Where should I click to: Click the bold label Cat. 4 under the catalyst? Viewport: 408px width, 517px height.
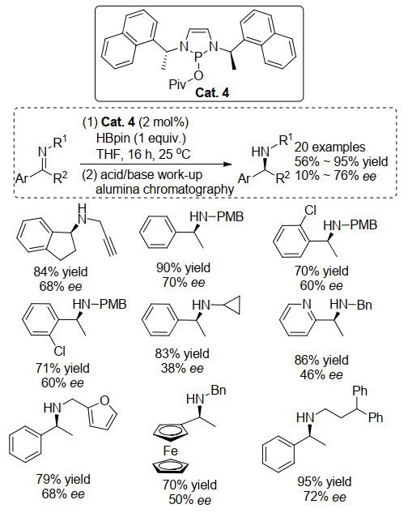coord(212,92)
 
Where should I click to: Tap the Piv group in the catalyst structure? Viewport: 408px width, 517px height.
coord(177,84)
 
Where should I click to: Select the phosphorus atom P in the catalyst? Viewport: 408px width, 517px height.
coord(198,58)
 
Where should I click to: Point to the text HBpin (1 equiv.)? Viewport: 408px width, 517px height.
coord(141,138)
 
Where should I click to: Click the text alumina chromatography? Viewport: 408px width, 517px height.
coord(164,189)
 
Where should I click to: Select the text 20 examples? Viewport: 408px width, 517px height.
coord(329,147)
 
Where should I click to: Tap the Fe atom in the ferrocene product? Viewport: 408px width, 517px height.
coord(170,451)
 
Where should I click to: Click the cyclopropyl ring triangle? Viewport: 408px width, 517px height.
coord(232,305)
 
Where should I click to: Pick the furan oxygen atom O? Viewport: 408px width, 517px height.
coord(104,400)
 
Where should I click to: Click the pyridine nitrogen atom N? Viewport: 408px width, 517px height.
coord(307,304)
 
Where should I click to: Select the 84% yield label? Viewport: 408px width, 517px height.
coord(61,272)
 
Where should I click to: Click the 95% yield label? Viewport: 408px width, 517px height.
coord(325,481)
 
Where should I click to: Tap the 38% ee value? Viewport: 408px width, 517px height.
coord(182,368)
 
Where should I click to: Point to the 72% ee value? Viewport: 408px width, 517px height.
coord(325,497)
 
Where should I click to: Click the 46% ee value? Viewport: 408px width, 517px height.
coord(321,374)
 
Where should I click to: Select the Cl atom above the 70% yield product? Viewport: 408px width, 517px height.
coord(310,210)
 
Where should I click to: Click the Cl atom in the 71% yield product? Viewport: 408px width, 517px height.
coord(60,351)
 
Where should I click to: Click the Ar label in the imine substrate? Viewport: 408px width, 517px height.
coord(22,178)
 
